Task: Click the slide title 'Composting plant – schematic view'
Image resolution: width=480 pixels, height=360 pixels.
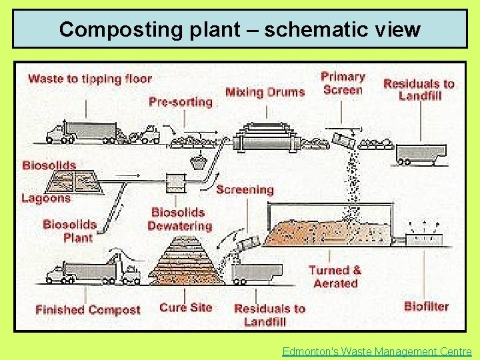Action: tap(240, 29)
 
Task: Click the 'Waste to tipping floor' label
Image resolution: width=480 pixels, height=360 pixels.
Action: tap(90, 79)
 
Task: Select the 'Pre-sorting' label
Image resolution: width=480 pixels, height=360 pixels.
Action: tap(180, 102)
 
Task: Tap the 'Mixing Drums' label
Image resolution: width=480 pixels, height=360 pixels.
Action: tap(265, 92)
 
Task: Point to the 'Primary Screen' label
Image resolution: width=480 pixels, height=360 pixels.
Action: tap(343, 83)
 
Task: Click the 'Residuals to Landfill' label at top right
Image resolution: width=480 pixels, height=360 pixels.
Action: tap(419, 89)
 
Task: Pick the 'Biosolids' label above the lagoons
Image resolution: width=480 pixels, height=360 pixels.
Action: tap(49, 165)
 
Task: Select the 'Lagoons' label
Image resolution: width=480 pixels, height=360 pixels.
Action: tap(45, 198)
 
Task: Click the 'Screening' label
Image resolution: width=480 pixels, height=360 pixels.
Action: tap(245, 190)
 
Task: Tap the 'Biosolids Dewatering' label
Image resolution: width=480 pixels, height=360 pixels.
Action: tap(179, 219)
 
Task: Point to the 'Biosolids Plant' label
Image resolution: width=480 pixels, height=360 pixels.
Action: tap(70, 231)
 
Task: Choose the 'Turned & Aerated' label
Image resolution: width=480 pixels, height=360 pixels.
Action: tap(335, 277)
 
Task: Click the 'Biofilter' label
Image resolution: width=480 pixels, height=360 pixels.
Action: tap(426, 307)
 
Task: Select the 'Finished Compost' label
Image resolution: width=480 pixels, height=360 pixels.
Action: tap(88, 310)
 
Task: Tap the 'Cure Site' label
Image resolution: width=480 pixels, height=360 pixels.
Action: tap(185, 307)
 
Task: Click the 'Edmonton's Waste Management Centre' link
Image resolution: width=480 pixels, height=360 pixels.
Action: tap(377, 351)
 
